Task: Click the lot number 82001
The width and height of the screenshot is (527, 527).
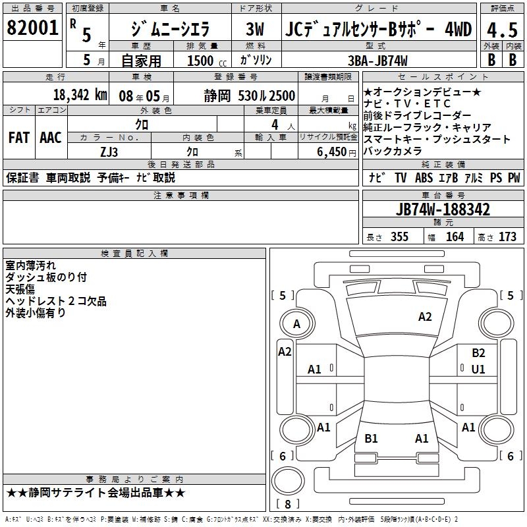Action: [x=32, y=27]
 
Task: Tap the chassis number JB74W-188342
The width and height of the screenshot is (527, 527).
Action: [x=443, y=209]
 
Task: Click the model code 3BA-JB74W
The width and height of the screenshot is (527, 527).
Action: [x=377, y=60]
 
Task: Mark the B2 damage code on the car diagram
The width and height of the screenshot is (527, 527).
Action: [x=478, y=353]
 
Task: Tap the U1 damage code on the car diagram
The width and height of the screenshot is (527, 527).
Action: [x=478, y=370]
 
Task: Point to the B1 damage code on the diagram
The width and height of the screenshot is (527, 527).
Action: [x=371, y=439]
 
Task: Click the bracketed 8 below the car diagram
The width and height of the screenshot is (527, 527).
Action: [x=287, y=505]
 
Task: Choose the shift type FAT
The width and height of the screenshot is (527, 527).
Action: [x=18, y=138]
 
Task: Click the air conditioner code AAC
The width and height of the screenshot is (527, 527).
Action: [x=51, y=138]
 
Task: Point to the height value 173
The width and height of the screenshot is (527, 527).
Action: [x=508, y=236]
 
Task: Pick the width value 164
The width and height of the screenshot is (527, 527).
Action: [x=455, y=236]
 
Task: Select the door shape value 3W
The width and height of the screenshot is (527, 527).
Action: [x=255, y=30]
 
